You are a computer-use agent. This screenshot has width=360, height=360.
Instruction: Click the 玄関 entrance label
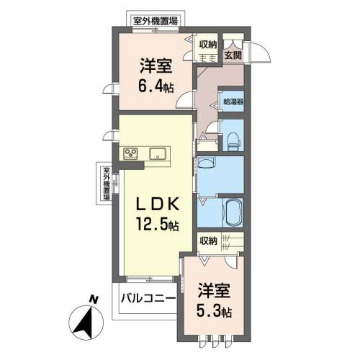232,54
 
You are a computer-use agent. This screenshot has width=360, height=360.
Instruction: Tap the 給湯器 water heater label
232,102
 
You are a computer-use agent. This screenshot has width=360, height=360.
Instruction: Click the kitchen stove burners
131,152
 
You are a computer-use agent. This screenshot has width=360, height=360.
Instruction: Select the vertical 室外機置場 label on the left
106,183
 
